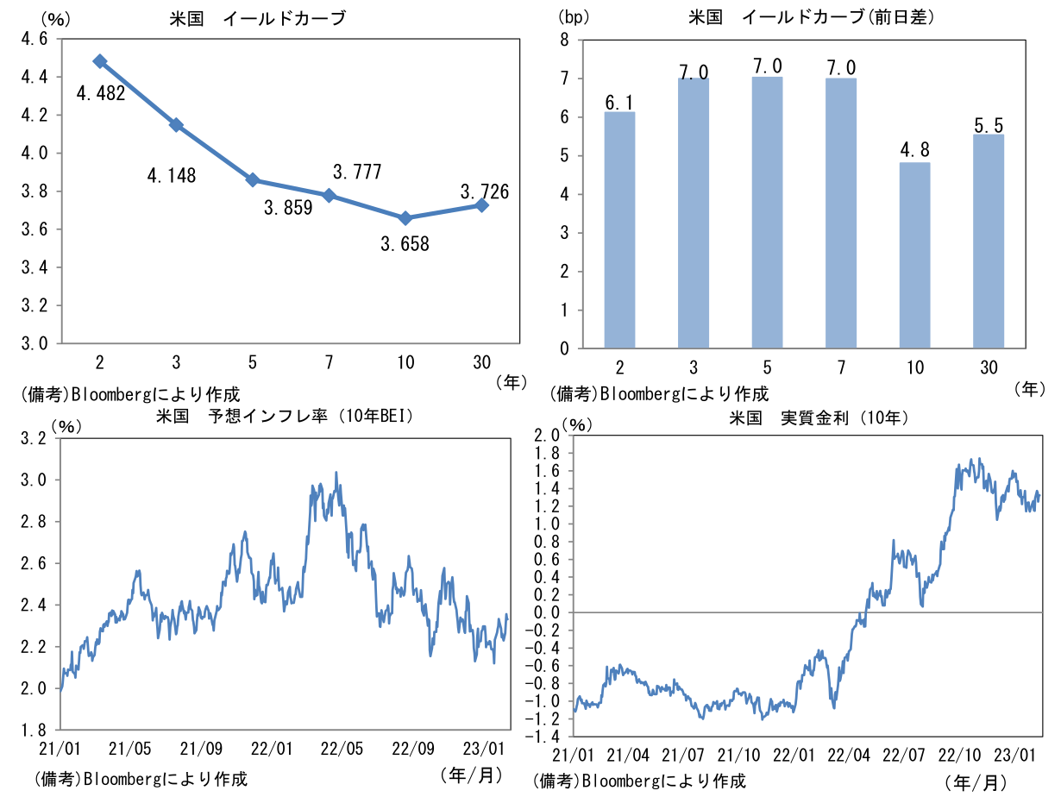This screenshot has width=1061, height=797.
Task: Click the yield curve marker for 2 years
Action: point(100,61)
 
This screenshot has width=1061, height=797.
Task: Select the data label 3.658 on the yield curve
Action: point(405,244)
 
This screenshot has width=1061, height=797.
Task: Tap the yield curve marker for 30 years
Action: point(481,205)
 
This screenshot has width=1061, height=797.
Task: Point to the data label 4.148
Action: point(172,176)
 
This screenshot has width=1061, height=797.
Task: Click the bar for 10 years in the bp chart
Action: point(915,255)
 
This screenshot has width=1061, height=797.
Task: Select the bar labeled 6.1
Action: point(619,230)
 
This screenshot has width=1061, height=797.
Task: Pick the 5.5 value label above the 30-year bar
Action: point(989,124)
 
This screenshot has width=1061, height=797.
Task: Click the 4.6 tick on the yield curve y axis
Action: point(35,39)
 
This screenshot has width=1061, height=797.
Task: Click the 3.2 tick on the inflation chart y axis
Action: point(35,438)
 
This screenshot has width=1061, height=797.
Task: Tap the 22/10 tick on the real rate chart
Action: point(957,755)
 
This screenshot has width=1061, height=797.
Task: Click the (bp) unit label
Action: point(571,16)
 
